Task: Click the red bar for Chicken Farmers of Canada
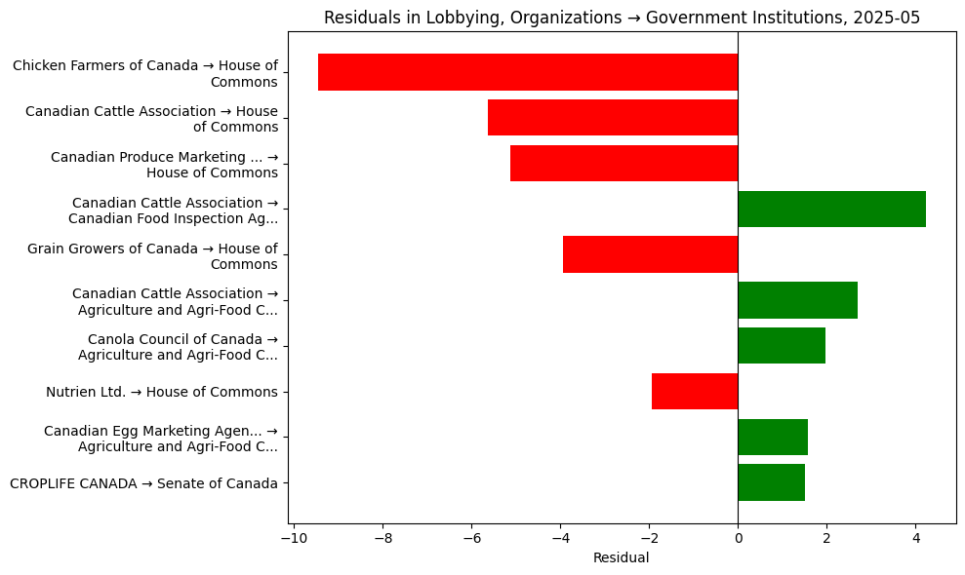(527, 72)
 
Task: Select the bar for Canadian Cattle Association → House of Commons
(612, 118)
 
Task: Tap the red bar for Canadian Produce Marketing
(623, 163)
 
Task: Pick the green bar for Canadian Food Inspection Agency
(831, 209)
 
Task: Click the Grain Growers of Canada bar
(650, 254)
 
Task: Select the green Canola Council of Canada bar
(782, 345)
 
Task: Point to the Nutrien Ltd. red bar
(694, 391)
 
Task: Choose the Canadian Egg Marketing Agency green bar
(773, 437)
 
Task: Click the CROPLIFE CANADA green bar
(771, 482)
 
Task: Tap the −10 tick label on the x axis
(293, 537)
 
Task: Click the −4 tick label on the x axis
(559, 537)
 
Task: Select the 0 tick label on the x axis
(738, 537)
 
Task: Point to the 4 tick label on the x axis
(915, 537)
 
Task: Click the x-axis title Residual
(621, 557)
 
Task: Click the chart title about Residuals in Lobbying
(622, 18)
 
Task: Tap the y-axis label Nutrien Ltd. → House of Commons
(161, 392)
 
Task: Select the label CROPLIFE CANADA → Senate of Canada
(143, 483)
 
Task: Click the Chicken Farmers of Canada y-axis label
(144, 73)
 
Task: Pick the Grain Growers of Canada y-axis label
(152, 255)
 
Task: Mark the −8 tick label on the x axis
(382, 537)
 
